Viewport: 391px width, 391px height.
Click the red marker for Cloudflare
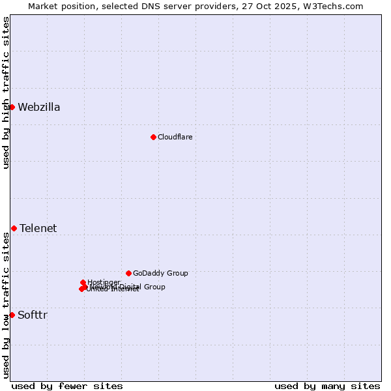[153, 137]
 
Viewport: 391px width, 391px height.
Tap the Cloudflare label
[175, 137]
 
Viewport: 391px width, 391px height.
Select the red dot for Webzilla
[12, 107]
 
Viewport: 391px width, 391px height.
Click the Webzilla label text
[39, 108]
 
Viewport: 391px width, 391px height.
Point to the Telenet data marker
[14, 228]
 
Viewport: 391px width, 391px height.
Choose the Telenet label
[38, 228]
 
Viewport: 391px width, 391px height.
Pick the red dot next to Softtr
[12, 315]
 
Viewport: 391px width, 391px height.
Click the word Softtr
[33, 315]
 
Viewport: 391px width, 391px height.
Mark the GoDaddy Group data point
[128, 273]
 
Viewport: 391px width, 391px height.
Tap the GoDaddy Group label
[160, 274]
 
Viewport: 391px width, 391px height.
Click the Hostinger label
[104, 282]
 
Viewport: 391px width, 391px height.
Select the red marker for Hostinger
[83, 282]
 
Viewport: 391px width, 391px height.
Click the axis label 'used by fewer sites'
[67, 386]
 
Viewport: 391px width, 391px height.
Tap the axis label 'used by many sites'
[327, 386]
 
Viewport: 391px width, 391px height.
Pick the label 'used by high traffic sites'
[6, 93]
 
